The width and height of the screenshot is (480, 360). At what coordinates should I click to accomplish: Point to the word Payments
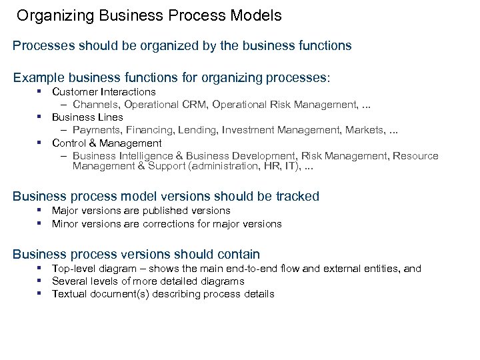click(x=94, y=130)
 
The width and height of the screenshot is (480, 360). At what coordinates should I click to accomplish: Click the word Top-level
click(x=74, y=269)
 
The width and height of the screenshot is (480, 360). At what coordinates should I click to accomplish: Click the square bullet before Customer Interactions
click(x=39, y=91)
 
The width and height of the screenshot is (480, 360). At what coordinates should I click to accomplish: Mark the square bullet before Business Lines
click(x=39, y=117)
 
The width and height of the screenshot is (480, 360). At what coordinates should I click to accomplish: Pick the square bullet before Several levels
click(x=39, y=281)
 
